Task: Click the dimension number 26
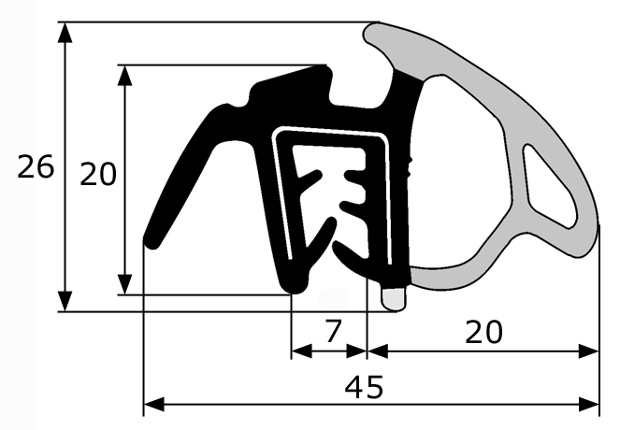36,166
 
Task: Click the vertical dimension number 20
98,174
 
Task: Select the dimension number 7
333,331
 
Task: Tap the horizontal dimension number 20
483,332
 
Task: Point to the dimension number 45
364,387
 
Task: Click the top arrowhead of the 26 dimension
65,33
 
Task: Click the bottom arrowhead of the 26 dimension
65,302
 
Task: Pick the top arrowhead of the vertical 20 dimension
125,75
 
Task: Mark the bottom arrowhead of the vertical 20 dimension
125,285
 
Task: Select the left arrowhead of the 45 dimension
153,405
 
